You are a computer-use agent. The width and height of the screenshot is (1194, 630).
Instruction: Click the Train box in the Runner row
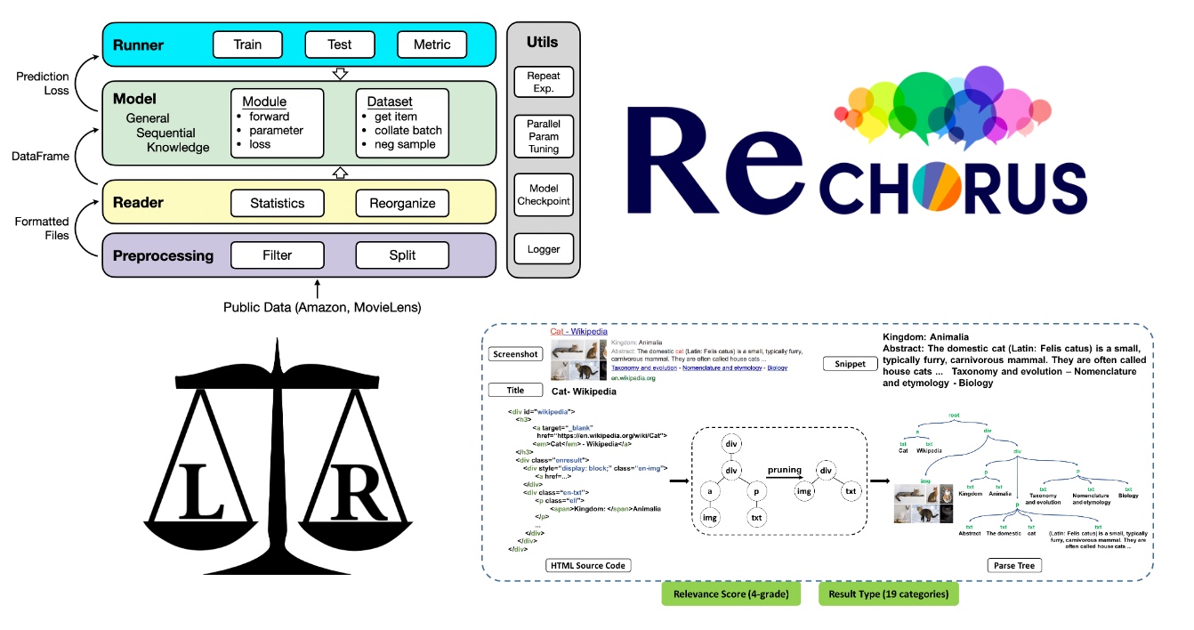pos(247,44)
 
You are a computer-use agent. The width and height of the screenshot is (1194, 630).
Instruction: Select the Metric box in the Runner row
pos(432,44)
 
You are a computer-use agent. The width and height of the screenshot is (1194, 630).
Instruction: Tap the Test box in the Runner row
pos(340,44)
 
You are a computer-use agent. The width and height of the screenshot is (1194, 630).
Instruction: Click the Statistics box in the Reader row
pos(277,203)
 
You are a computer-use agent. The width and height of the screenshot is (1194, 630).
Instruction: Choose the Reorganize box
pos(402,203)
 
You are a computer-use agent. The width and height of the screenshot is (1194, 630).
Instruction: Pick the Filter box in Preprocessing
pos(277,255)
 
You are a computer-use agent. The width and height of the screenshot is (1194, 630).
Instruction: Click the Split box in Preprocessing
pos(402,255)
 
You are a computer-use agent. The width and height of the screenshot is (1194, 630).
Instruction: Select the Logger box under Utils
pos(544,251)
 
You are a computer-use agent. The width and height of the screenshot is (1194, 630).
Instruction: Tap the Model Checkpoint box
pos(544,195)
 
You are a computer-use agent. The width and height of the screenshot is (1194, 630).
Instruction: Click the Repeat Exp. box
pos(544,83)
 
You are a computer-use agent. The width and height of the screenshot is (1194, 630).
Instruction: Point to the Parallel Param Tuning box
pos(544,136)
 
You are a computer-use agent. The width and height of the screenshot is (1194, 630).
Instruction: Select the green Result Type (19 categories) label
pos(889,594)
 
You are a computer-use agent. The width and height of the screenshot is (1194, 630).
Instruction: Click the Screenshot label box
pos(515,354)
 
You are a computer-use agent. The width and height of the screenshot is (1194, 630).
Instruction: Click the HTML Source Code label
pos(588,565)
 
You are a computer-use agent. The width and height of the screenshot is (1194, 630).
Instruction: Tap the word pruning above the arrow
pos(786,469)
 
